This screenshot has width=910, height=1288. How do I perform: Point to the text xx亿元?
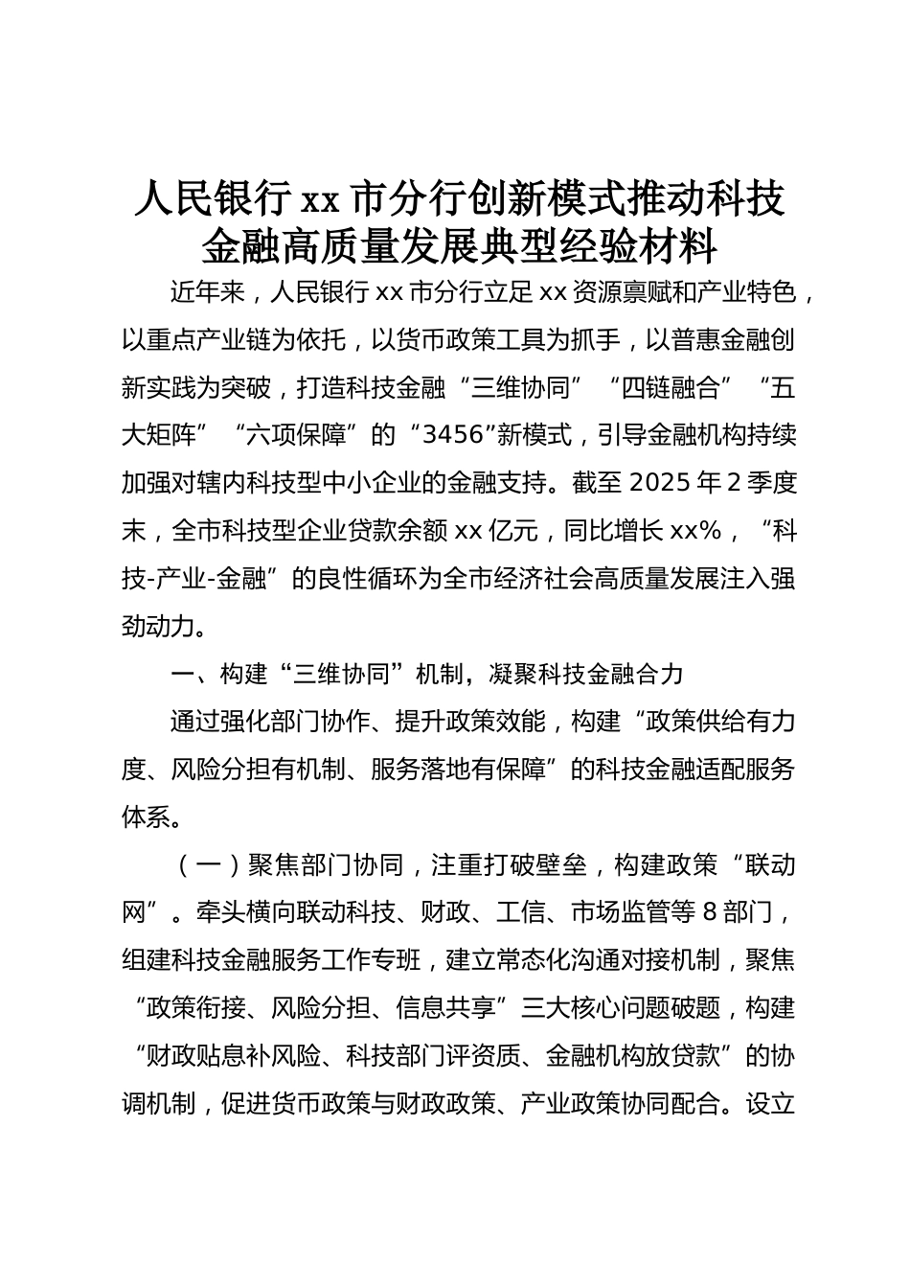(x=494, y=531)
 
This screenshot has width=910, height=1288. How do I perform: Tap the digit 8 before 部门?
(x=710, y=913)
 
